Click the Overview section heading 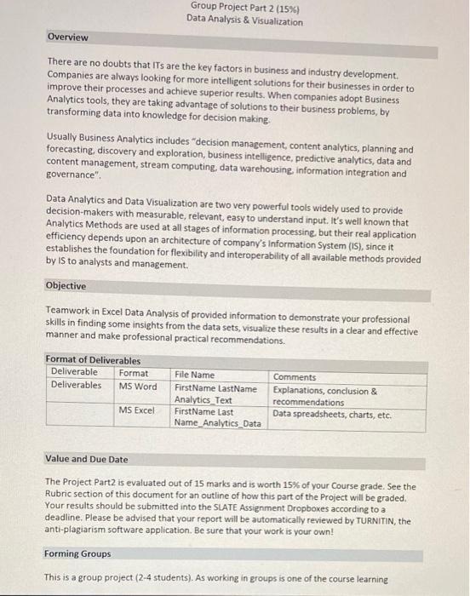tap(68, 37)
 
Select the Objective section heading tap(66, 286)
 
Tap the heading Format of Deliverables tap(93, 360)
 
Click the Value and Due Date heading tap(87, 459)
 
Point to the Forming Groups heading tap(77, 554)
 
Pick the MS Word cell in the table tap(138, 386)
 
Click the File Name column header tap(194, 375)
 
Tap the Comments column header tap(295, 376)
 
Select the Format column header tap(133, 373)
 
